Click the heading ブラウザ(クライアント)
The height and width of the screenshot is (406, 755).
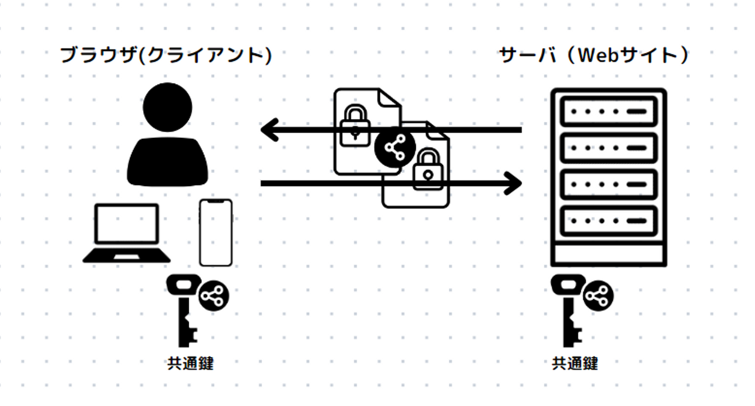coord(167,55)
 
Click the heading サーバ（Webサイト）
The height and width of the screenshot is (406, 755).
coord(594,55)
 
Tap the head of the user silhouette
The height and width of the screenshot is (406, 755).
coord(167,108)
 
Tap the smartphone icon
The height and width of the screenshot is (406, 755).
coord(215,232)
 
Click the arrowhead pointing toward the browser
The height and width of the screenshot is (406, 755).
coord(270,130)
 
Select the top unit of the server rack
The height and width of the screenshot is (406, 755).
coord(609,111)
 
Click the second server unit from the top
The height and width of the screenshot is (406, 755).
coord(609,148)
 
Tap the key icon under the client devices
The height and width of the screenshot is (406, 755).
coord(184,309)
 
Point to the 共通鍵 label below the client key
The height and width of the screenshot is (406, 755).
coord(190,364)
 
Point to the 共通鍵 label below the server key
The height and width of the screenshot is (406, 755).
coord(575,364)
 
